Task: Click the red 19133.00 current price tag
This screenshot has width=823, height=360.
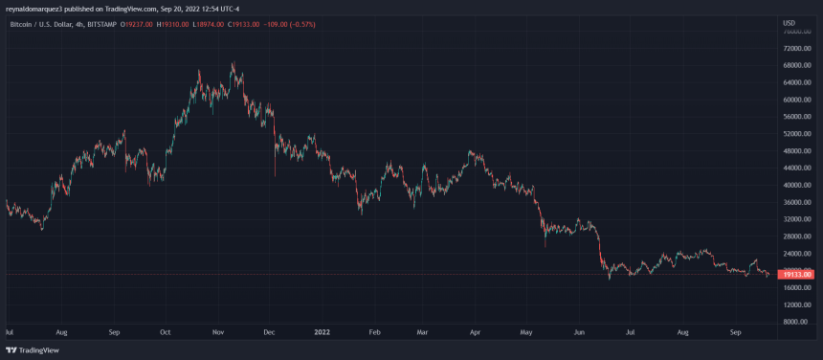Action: pyautogui.click(x=797, y=275)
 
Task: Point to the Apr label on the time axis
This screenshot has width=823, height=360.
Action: pyautogui.click(x=474, y=333)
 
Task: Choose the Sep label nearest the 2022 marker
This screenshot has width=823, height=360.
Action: pyautogui.click(x=113, y=333)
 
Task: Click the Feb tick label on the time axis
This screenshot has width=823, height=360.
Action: pyautogui.click(x=373, y=333)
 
